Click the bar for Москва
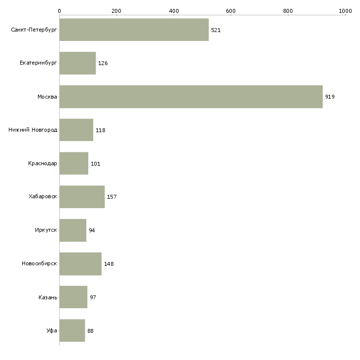(x=191, y=97)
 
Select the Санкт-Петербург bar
(x=134, y=30)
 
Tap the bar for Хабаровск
(x=82, y=197)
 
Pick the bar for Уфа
(x=72, y=330)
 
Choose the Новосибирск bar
(x=80, y=264)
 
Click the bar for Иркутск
(x=72, y=230)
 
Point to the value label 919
(x=330, y=97)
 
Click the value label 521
(x=216, y=30)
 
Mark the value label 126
(x=103, y=64)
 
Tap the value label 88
(x=90, y=331)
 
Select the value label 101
(x=95, y=164)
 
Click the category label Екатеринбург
(x=38, y=63)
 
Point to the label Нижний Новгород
(x=33, y=130)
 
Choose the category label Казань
(x=47, y=297)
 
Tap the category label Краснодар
(x=42, y=163)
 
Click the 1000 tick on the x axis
(x=345, y=10)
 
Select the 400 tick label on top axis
(x=174, y=10)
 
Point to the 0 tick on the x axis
(x=59, y=10)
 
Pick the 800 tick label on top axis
(x=288, y=10)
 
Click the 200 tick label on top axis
(x=116, y=10)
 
